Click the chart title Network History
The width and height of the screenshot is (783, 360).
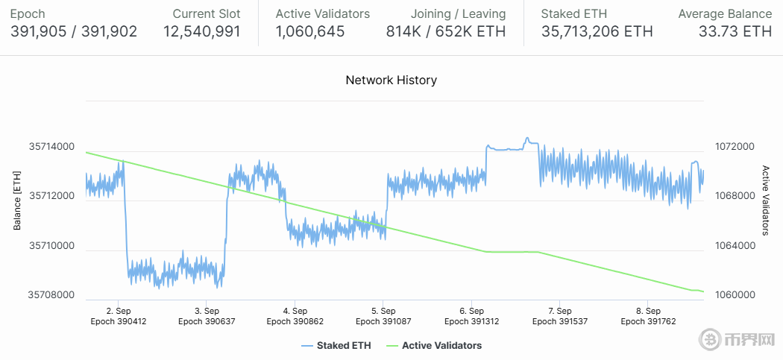(x=391, y=80)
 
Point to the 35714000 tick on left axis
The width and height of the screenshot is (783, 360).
(x=51, y=147)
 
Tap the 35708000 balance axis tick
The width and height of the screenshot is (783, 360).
(x=51, y=295)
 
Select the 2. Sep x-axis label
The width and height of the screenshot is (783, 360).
(x=119, y=311)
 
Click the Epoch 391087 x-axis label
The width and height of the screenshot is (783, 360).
(x=383, y=322)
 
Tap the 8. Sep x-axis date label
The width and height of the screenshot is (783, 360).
(x=647, y=311)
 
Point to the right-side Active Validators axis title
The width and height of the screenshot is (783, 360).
(x=765, y=200)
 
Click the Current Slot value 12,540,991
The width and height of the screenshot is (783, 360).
(x=201, y=31)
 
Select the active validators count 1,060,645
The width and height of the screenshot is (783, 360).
(x=310, y=31)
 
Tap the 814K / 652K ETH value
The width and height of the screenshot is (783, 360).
(x=446, y=31)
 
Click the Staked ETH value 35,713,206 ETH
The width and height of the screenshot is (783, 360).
(x=597, y=31)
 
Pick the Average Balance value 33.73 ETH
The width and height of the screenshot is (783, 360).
(x=735, y=31)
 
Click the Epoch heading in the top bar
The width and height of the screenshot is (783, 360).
(x=28, y=13)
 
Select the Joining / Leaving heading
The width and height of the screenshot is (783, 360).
(x=458, y=13)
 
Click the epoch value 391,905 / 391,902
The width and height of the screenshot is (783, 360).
(x=74, y=31)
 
